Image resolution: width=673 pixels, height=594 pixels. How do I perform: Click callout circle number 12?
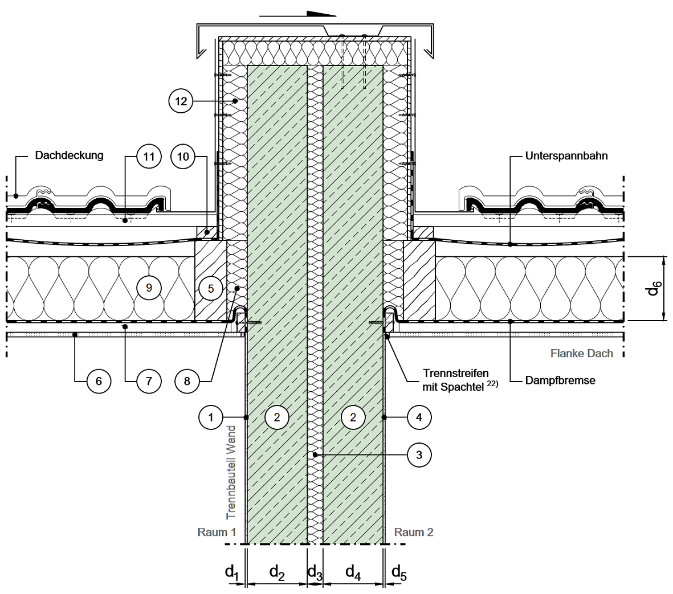point(181,101)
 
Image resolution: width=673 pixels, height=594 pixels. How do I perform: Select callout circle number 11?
point(149,157)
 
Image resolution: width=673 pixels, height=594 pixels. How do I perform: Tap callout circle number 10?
point(183,157)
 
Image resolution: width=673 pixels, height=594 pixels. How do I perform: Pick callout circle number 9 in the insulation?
point(149,288)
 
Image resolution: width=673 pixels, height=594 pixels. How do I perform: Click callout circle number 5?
point(210,288)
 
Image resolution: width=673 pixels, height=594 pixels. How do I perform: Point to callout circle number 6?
point(99,380)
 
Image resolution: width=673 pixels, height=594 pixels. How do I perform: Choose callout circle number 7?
point(149,380)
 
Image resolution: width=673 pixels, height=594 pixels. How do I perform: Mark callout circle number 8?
point(187,380)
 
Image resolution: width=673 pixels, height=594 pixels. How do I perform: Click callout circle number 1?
point(211,417)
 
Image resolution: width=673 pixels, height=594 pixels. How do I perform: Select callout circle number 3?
point(419,454)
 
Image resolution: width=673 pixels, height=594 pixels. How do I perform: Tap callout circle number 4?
point(419,417)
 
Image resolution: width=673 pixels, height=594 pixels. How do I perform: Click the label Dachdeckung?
point(69,155)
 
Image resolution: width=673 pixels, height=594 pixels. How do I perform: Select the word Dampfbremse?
point(560,380)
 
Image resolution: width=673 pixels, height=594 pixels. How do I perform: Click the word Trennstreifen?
point(456,374)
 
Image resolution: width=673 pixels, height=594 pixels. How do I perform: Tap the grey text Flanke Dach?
point(581,354)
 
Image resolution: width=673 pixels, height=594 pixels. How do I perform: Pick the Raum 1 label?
point(217,532)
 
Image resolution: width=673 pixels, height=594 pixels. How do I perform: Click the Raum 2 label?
point(414,532)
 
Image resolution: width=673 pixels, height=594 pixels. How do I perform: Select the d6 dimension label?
point(653,289)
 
